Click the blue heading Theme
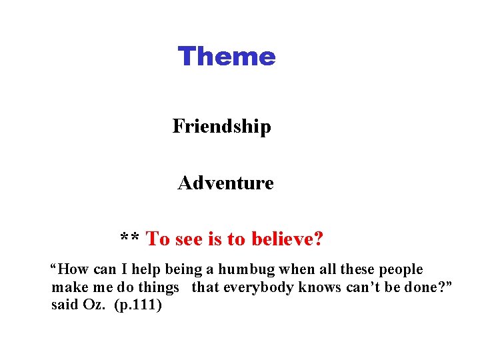[x=226, y=57]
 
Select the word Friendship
[x=221, y=126]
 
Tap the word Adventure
[x=225, y=183]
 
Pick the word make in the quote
[x=65, y=288]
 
